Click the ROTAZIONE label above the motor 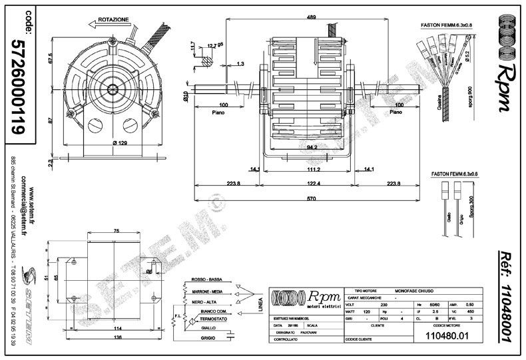pyautogui.click(x=113, y=21)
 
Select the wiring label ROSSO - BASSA pyautogui.click(x=206, y=279)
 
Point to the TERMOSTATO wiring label pyautogui.click(x=214, y=319)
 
